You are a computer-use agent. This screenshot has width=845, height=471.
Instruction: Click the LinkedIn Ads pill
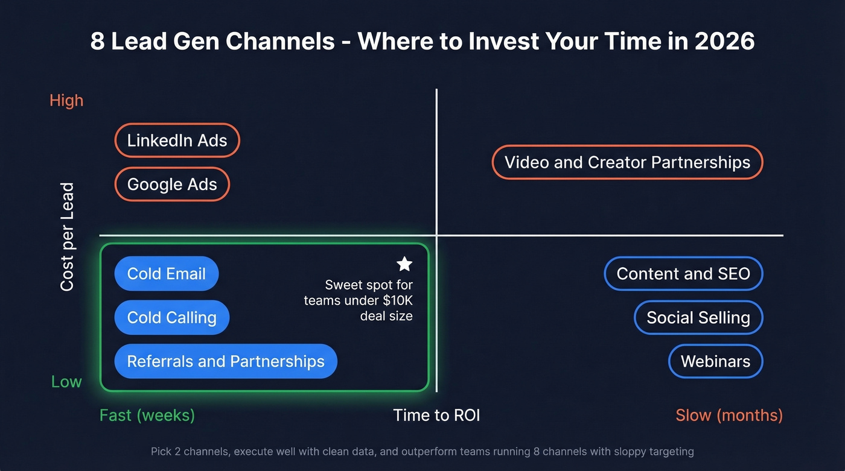177,141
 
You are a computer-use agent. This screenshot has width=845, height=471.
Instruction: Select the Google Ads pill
172,184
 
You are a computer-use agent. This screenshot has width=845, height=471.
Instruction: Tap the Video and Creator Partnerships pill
627,162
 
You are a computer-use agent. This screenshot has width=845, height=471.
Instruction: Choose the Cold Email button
166,273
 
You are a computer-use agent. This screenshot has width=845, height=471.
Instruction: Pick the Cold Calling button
171,317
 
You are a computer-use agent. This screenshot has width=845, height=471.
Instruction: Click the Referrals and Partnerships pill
225,361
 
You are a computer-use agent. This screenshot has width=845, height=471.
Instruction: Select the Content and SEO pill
683,273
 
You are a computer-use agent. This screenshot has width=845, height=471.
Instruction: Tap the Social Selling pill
698,317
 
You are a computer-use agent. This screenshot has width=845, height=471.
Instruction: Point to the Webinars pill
715,361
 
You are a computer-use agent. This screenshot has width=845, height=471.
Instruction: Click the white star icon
404,264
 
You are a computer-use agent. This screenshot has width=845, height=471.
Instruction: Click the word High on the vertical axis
66,100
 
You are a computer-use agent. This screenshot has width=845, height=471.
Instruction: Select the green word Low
66,381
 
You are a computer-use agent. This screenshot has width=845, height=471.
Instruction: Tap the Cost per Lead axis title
67,236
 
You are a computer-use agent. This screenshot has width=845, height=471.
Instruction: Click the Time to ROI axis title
436,415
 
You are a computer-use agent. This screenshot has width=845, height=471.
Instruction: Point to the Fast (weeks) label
147,415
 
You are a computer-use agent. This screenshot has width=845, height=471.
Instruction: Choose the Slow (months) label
729,415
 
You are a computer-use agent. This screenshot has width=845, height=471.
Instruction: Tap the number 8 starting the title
97,41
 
